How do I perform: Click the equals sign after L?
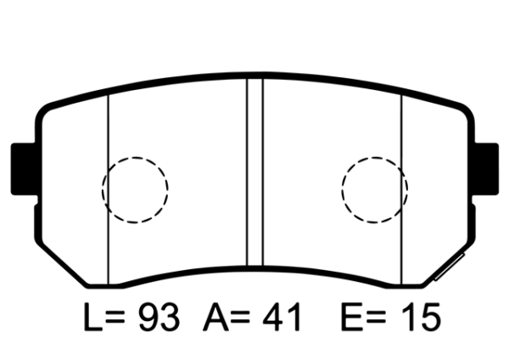(120, 318)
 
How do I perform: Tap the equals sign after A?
(243, 318)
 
